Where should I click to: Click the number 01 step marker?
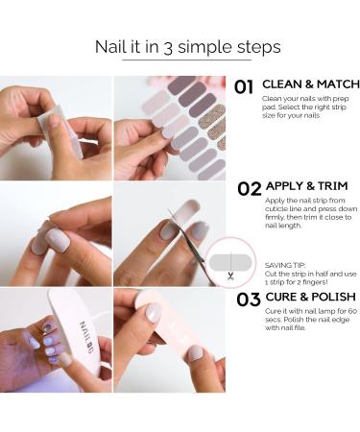point(244,87)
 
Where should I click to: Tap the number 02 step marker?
point(250,189)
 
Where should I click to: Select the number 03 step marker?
point(249,300)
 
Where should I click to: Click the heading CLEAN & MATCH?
point(311,84)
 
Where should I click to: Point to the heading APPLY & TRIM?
point(306,186)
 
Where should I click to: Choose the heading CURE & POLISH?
point(310,297)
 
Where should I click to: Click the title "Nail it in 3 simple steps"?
point(188,47)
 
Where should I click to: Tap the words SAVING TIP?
point(285,265)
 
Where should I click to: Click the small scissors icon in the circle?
point(230,276)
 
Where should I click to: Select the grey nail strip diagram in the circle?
point(230,262)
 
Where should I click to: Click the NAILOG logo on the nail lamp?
point(86,337)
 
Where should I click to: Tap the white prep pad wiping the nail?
point(60,129)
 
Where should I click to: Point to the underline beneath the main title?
point(187,60)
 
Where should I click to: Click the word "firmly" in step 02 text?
point(275,217)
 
